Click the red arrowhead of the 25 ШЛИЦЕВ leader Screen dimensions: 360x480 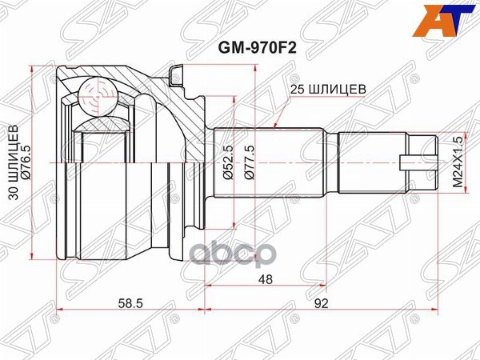coord(274,126)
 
